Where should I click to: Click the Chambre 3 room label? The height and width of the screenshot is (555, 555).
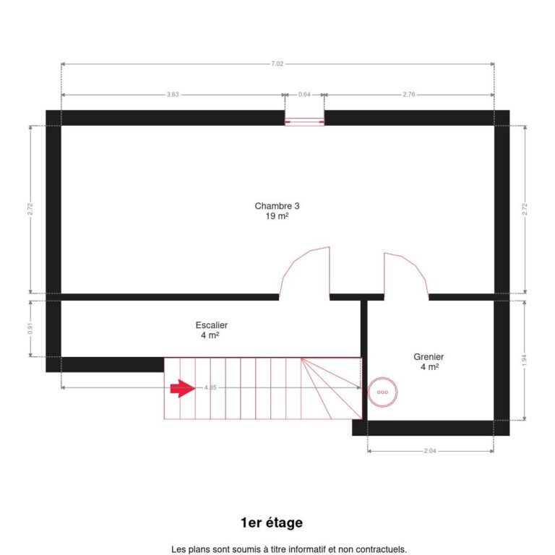pyautogui.click(x=277, y=206)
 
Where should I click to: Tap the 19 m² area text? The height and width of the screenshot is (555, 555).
pyautogui.click(x=277, y=216)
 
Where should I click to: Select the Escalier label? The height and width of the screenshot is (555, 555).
pyautogui.click(x=211, y=325)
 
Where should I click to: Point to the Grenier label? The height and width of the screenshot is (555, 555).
pyautogui.click(x=429, y=357)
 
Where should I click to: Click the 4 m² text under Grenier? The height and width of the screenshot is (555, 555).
pyautogui.click(x=429, y=367)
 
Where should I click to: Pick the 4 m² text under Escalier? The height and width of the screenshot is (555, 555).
pyautogui.click(x=210, y=336)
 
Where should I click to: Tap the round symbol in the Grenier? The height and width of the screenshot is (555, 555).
pyautogui.click(x=382, y=392)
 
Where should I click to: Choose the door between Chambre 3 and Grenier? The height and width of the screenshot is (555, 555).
pyautogui.click(x=405, y=275)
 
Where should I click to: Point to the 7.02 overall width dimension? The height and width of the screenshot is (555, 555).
pyautogui.click(x=277, y=64)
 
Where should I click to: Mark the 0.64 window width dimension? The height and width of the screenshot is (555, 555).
pyautogui.click(x=304, y=95)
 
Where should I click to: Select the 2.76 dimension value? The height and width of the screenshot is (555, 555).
pyautogui.click(x=409, y=95)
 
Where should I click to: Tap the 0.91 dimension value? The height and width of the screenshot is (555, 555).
pyautogui.click(x=30, y=327)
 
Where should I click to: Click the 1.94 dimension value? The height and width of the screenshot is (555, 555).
pyautogui.click(x=525, y=361)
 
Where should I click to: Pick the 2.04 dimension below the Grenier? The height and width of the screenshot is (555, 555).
pyautogui.click(x=430, y=451)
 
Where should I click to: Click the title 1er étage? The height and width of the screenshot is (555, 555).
pyautogui.click(x=271, y=522)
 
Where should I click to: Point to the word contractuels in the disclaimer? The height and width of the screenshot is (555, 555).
pyautogui.click(x=376, y=549)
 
